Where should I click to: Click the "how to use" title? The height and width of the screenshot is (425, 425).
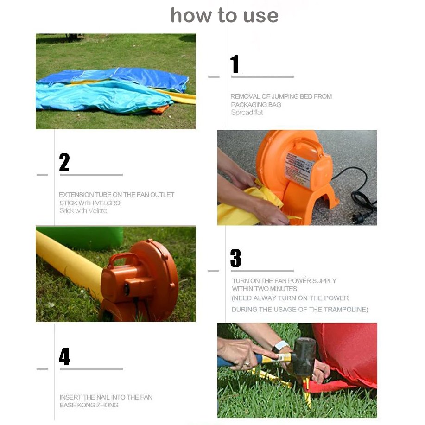224,15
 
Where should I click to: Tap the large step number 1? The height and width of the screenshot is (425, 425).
235,64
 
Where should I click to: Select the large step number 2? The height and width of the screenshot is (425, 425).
64,162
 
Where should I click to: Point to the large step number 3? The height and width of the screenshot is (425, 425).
235,258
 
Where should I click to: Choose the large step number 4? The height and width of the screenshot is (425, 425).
64,356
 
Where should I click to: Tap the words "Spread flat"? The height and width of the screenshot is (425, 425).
247,113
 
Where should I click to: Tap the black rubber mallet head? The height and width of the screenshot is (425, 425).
305,356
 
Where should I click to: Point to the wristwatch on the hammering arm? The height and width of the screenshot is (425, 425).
280,346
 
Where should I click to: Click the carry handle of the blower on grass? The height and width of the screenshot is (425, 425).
123,259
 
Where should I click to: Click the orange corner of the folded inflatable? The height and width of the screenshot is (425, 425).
160,109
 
